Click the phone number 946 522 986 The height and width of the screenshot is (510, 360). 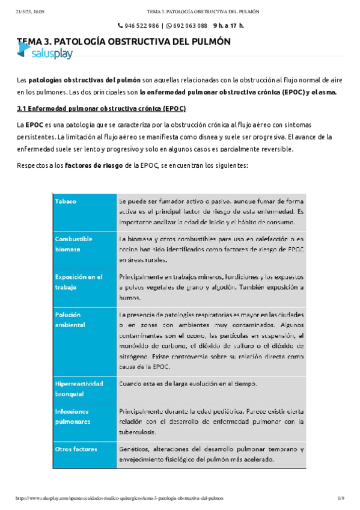142,26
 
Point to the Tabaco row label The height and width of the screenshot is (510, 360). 66,201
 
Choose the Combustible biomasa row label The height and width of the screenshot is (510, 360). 74,244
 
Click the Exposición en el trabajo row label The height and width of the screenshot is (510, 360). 79,282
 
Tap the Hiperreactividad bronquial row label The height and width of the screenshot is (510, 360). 79,388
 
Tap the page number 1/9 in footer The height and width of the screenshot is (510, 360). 340,499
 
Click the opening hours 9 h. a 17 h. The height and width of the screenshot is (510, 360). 228,26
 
